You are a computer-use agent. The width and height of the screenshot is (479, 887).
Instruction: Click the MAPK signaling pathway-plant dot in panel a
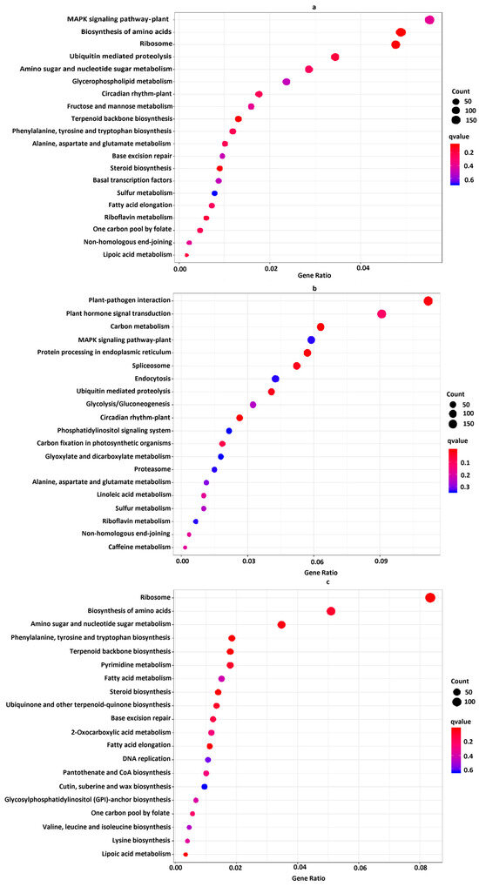click(x=429, y=20)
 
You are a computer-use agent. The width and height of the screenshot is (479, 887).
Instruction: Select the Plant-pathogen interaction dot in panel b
click(x=428, y=301)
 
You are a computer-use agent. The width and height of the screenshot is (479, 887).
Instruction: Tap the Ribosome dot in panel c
click(x=429, y=597)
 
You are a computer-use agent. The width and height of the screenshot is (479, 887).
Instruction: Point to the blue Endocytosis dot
click(x=275, y=379)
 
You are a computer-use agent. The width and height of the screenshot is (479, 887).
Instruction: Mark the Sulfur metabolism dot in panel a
click(x=214, y=193)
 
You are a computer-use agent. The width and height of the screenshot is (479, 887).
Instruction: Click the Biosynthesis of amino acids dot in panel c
click(x=331, y=611)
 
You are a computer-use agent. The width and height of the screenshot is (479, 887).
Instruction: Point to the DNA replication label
click(x=147, y=759)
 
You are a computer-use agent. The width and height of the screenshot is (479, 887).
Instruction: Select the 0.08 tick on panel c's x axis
click(x=421, y=868)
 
